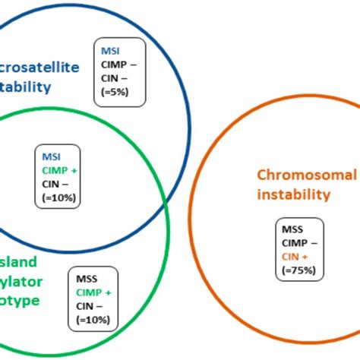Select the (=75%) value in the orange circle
coord(297,270)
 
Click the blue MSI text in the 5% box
coord(109,51)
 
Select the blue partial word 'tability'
coord(25,87)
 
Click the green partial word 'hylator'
coord(24,283)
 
